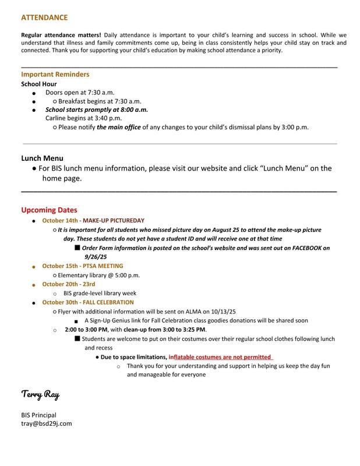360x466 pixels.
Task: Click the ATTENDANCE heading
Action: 44,18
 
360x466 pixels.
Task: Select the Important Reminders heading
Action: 55,75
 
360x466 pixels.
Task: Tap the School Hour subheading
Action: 38,84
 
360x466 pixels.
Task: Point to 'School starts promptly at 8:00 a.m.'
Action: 97,109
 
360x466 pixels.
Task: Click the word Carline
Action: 57,118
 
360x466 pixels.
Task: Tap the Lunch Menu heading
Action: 42,158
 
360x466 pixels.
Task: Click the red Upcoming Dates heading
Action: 49,210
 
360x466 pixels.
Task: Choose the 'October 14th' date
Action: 60,221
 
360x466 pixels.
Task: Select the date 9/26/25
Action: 96,256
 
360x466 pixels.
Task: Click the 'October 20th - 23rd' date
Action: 68,284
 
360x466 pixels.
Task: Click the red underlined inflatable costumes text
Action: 220,356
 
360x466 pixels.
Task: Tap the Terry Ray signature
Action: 40,395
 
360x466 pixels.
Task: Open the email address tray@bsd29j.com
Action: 46,423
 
